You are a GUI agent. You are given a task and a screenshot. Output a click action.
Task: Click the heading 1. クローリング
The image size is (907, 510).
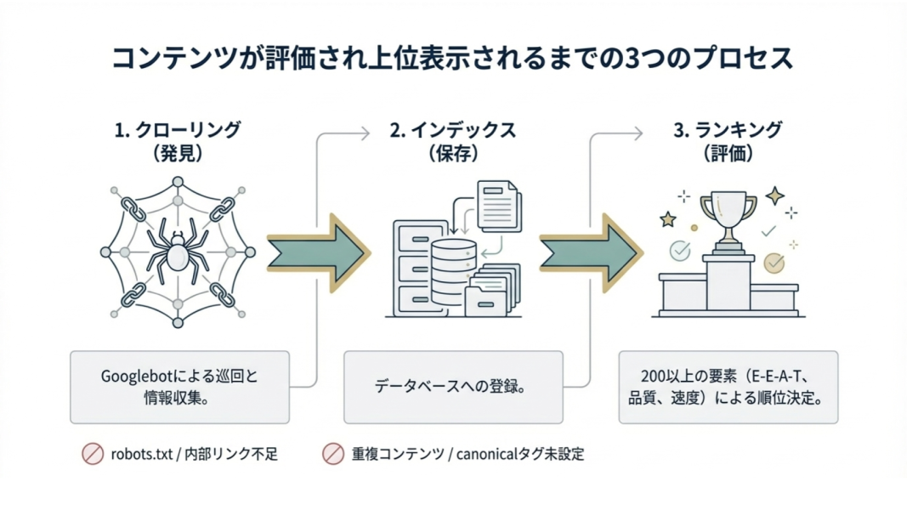(178, 130)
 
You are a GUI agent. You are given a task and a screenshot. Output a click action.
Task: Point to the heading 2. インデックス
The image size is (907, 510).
(452, 130)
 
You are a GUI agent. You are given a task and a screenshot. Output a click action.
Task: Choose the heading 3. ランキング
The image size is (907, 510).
(728, 130)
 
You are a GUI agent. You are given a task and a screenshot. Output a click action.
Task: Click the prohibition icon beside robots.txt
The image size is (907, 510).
(92, 454)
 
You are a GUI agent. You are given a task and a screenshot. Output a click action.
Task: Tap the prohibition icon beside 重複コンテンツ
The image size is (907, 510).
(333, 454)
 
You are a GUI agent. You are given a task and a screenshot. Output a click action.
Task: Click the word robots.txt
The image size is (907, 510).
(143, 454)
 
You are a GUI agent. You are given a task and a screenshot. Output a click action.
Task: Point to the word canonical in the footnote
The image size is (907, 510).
(492, 454)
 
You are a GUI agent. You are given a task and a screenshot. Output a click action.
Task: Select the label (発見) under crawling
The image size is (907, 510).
(178, 154)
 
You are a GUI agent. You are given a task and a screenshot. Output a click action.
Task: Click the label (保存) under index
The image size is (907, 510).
(452, 154)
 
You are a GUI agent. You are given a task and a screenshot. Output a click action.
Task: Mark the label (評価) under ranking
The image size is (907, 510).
(728, 154)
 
